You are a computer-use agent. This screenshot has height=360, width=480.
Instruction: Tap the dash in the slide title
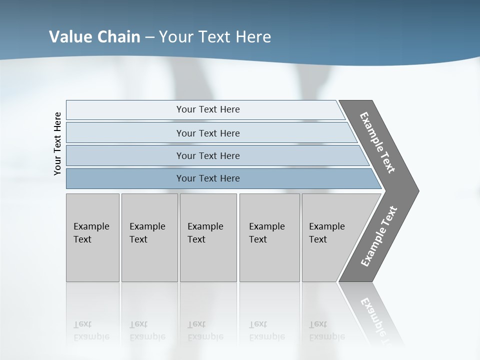coord(149,37)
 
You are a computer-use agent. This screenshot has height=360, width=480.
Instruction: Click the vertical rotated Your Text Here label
coord(57,144)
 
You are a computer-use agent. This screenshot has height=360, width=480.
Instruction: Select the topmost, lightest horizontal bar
coord(205,109)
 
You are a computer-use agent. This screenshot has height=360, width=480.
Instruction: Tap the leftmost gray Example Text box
coord(92,237)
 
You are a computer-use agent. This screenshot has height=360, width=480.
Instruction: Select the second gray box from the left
coord(149,237)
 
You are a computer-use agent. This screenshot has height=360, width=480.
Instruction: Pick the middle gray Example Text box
coord(208,237)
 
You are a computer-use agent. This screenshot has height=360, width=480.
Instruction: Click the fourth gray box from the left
coord(269,237)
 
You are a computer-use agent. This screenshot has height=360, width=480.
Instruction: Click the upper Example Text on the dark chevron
coord(377,142)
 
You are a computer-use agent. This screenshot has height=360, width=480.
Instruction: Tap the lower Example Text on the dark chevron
coord(379,236)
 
